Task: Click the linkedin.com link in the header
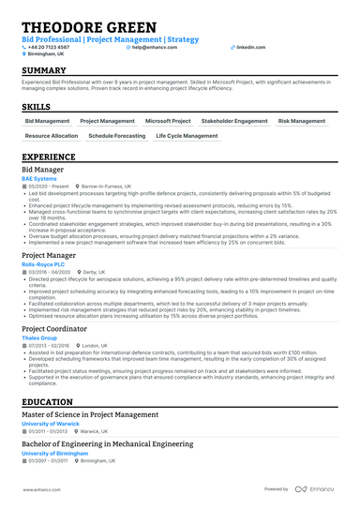[250, 46]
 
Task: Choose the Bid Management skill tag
[47, 121]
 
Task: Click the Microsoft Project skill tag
[168, 121]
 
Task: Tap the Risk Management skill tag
[302, 121]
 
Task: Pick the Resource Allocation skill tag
[52, 136]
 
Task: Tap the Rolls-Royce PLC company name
[43, 262]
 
